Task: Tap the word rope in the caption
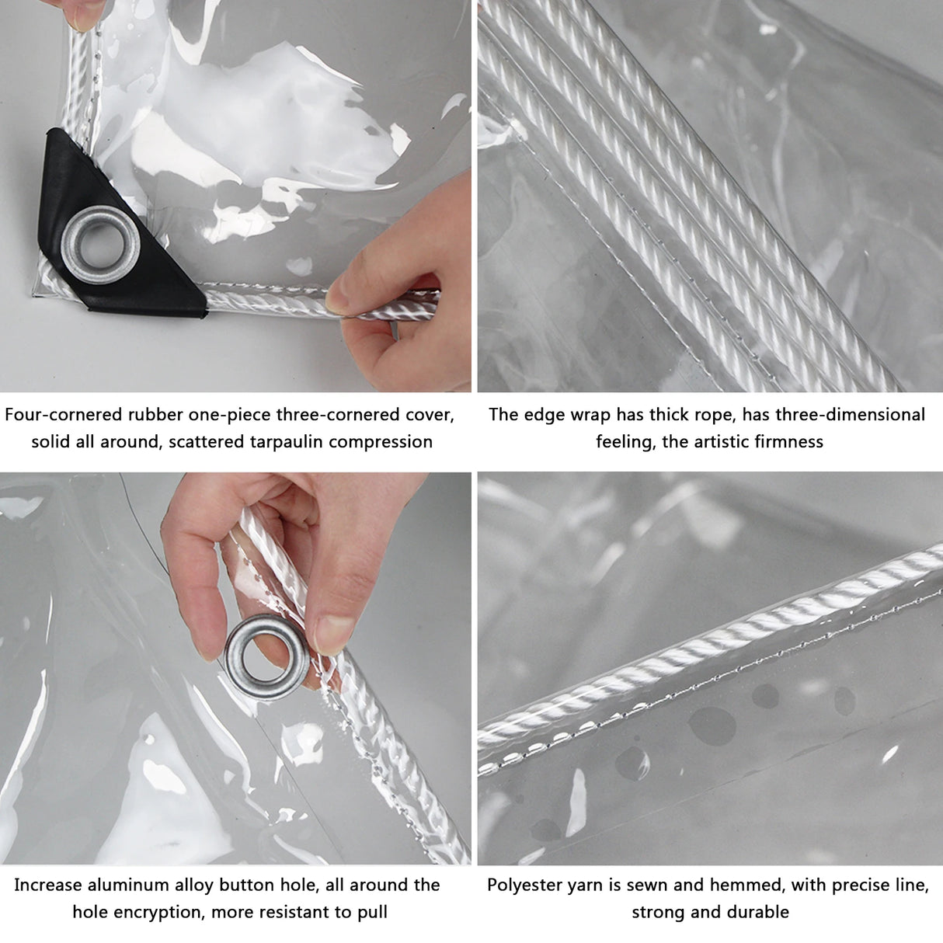click(x=712, y=415)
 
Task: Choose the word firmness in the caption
click(x=789, y=442)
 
